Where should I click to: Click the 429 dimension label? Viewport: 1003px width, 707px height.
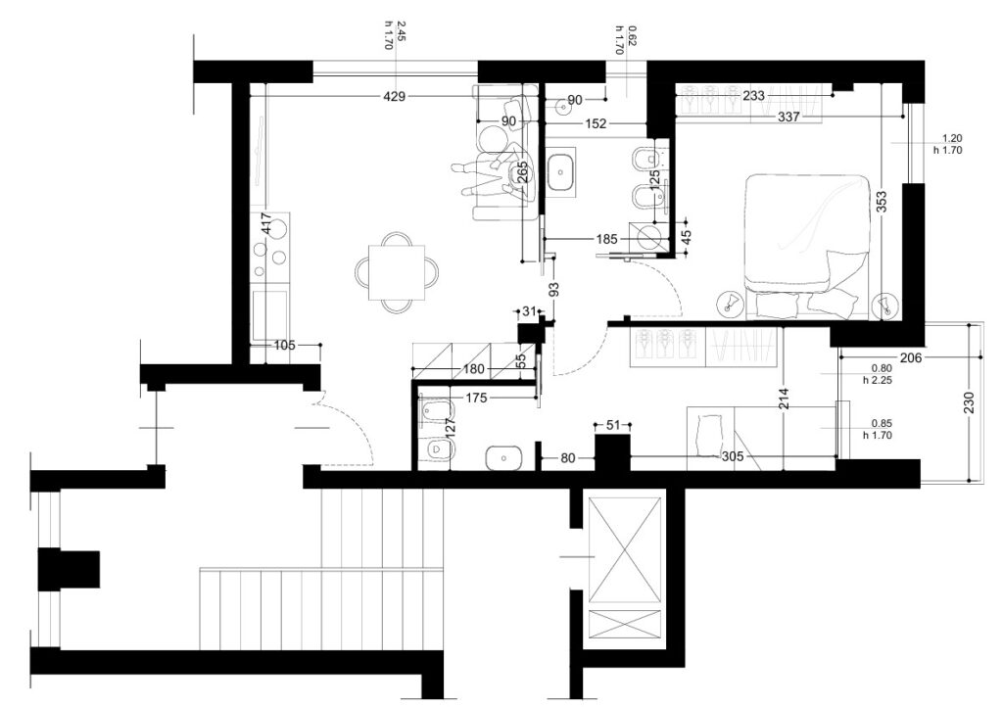pos(394,97)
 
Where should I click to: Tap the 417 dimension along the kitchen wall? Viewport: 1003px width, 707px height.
pos(268,222)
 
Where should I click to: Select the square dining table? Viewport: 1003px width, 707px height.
pos(398,271)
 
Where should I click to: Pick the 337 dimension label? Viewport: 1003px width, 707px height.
pos(788,117)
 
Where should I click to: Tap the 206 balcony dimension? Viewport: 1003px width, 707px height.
pos(910,358)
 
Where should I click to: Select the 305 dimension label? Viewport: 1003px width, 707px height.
pos(732,456)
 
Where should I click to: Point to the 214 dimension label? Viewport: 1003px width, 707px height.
pos(785,399)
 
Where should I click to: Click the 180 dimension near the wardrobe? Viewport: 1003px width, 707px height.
pos(473,369)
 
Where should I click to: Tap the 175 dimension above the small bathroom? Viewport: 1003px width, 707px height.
pos(476,399)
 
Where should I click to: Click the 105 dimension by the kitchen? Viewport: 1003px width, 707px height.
pos(284,346)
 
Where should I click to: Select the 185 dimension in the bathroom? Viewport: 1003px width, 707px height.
pos(606,239)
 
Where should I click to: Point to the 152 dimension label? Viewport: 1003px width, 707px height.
pos(595,124)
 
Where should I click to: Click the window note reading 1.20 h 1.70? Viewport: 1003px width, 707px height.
pos(947,144)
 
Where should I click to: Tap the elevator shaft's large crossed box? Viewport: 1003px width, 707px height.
pos(624,549)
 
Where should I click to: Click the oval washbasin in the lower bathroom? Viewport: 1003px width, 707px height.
pos(504,457)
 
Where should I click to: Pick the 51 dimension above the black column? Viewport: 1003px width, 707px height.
pos(613,424)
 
